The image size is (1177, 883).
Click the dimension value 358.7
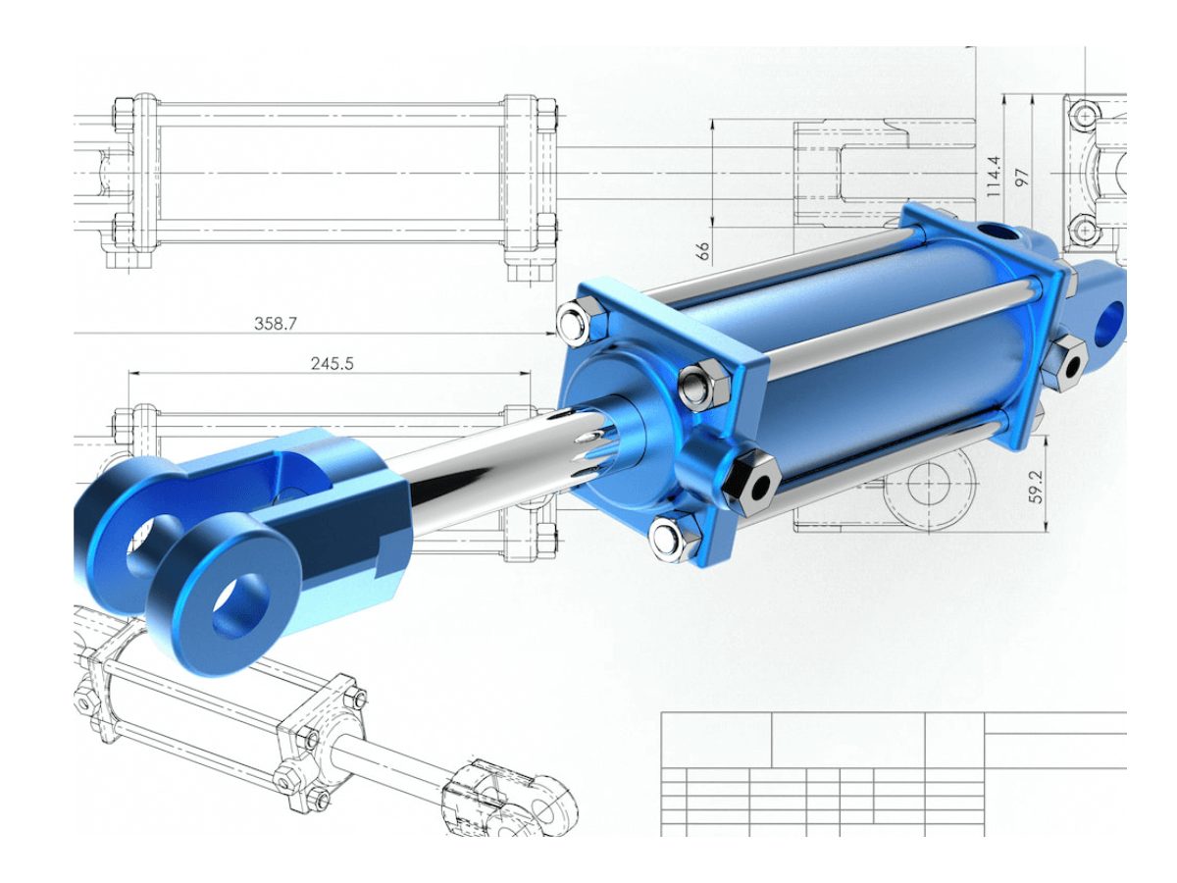tap(275, 324)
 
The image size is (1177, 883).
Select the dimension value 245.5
tap(332, 364)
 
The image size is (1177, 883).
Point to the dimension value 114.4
tap(993, 177)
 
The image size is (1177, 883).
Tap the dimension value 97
tap(1023, 178)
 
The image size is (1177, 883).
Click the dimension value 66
tap(702, 251)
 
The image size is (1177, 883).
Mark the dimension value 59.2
tap(1036, 487)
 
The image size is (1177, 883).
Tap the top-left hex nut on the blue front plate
tap(583, 321)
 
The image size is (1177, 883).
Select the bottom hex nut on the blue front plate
tap(674, 537)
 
